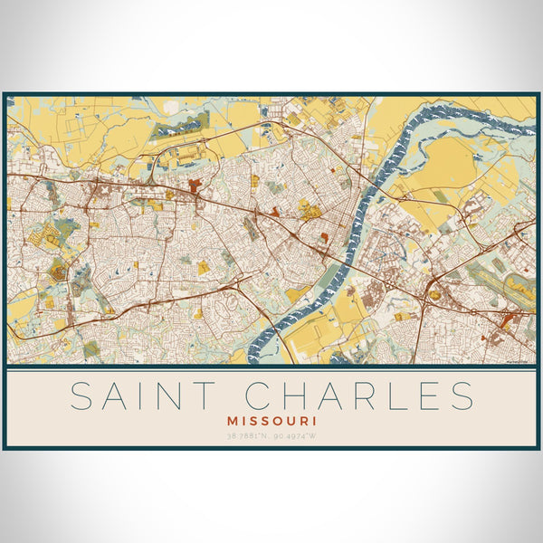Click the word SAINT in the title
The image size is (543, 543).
142,396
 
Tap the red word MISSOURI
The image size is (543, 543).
271,421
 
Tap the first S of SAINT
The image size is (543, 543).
80,396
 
